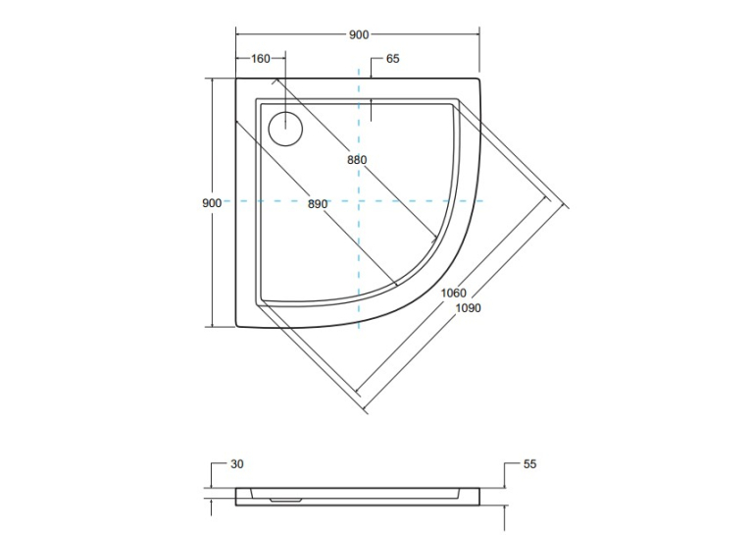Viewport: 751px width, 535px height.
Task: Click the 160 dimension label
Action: (x=261, y=59)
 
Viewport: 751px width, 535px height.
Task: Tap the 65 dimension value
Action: (x=393, y=59)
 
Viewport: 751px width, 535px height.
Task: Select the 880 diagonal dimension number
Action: (x=357, y=160)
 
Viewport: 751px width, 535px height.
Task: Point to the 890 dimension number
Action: (x=318, y=204)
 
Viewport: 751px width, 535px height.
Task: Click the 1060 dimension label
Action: (x=453, y=293)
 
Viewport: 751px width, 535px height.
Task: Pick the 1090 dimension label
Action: (x=468, y=308)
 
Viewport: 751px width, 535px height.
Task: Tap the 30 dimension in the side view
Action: (x=237, y=464)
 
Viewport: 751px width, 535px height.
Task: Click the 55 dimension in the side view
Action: (x=529, y=464)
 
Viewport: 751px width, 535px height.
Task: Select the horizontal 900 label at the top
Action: (x=359, y=34)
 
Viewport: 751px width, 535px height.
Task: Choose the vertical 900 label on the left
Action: (x=212, y=203)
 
